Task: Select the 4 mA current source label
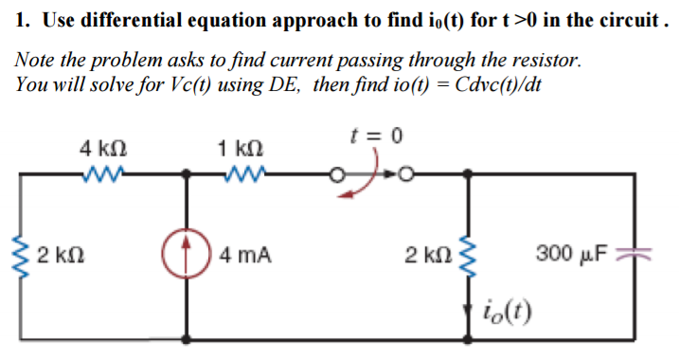244,254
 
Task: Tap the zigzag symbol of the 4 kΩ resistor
101,174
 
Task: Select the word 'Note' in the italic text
34,61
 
